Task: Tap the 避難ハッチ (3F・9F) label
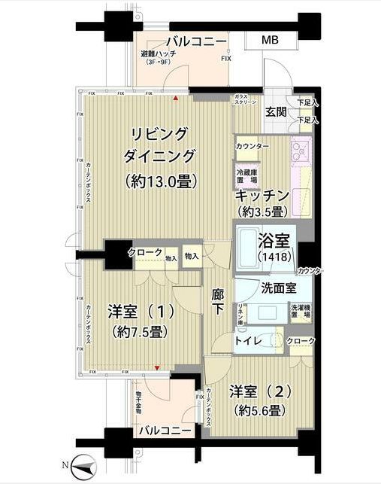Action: point(158,59)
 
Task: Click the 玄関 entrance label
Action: point(276,112)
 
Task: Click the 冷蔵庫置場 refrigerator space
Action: point(246,176)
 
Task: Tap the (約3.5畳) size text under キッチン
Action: point(262,212)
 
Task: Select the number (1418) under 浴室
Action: point(276,257)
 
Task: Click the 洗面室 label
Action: point(277,288)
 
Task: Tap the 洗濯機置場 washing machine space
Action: point(301,311)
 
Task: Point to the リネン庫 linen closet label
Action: point(240,311)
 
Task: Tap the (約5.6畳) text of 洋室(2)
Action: point(257,411)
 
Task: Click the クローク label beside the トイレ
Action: point(301,341)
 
